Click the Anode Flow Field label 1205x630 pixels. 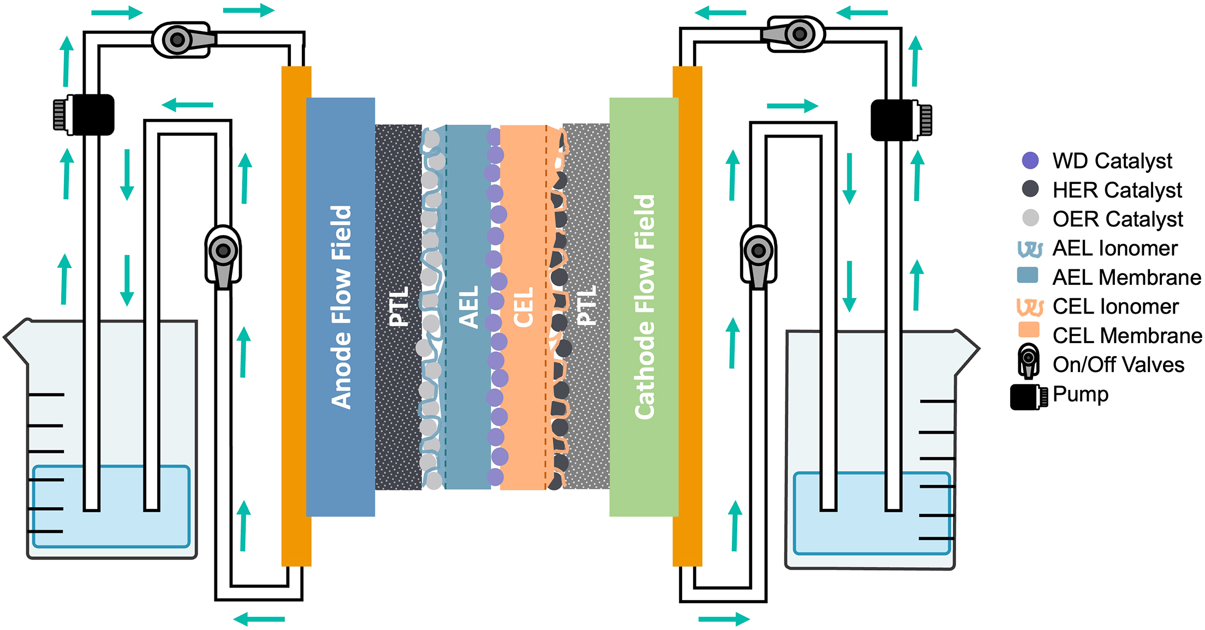[342, 307]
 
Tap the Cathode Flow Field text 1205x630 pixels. [645, 307]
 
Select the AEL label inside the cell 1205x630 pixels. [468, 307]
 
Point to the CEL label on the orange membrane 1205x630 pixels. [523, 308]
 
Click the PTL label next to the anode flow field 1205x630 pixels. [399, 307]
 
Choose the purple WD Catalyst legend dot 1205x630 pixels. [1030, 160]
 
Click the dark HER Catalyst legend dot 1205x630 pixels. [1030, 189]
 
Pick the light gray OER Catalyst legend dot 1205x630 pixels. [1030, 218]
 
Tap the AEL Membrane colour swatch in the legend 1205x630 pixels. [1028, 275]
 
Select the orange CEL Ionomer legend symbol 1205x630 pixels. [1029, 307]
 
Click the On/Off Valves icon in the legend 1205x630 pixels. [1029, 361]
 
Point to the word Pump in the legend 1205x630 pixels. [1080, 394]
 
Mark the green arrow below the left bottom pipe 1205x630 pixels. [259, 619]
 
